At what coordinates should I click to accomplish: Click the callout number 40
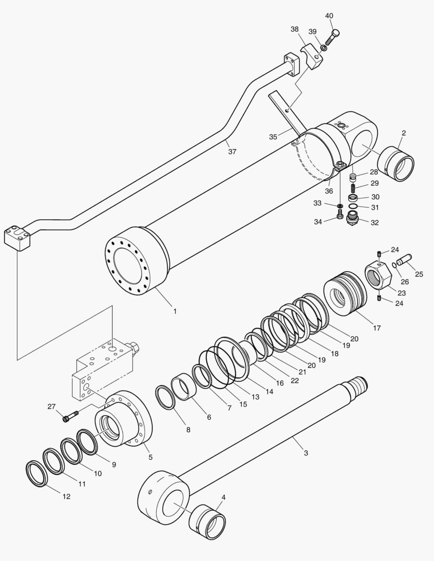[329, 16]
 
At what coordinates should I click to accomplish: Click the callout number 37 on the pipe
[232, 152]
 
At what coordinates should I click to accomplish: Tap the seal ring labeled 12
[37, 473]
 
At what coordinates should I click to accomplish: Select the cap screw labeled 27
[70, 417]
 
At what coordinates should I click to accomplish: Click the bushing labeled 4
[208, 522]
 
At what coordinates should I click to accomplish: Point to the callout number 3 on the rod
[306, 453]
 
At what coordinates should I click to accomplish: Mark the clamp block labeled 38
[312, 57]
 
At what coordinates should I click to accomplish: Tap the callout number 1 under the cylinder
[175, 312]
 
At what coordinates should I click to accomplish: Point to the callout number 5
[150, 457]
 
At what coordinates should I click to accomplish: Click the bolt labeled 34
[339, 216]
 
